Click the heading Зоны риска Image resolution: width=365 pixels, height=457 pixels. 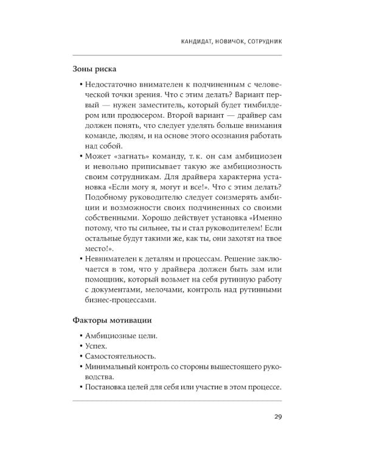(x=94, y=69)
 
